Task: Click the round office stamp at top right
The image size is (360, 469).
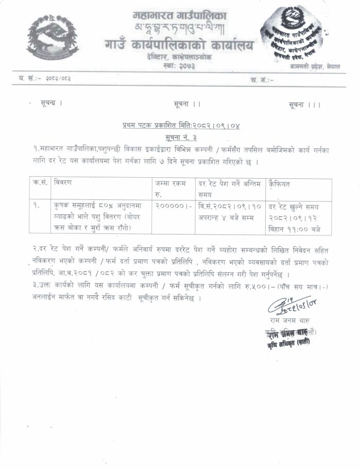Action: click(x=293, y=35)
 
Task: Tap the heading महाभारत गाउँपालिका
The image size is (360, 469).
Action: click(x=179, y=16)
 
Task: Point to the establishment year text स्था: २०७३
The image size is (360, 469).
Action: click(x=179, y=67)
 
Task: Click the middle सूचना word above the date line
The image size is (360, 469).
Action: click(x=184, y=104)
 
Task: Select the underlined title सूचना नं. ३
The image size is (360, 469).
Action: click(x=181, y=137)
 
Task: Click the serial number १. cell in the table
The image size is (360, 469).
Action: click(x=36, y=205)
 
